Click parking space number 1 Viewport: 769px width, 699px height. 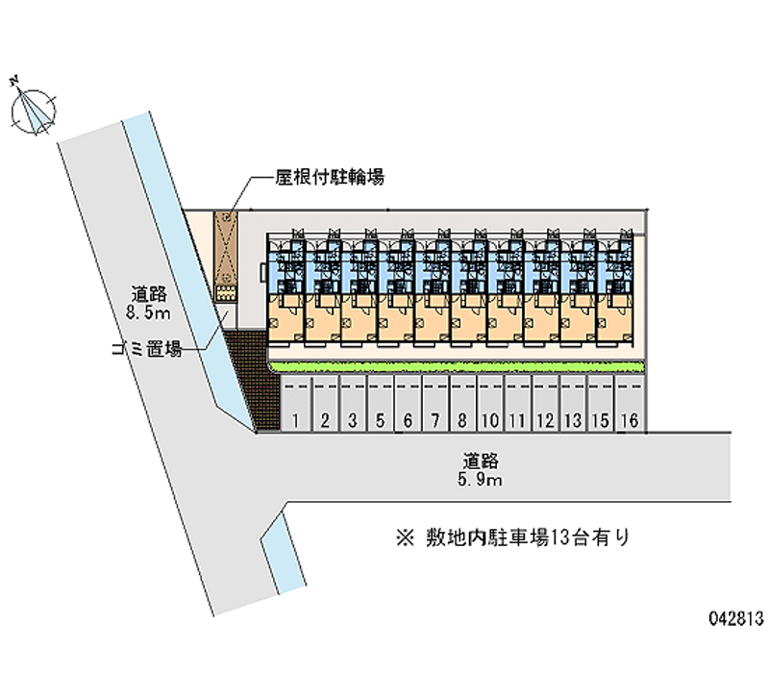point(298,420)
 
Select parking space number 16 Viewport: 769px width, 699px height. point(630,420)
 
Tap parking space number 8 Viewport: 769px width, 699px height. point(462,420)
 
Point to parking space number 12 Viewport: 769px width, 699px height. point(546,420)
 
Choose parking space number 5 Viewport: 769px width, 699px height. point(381,420)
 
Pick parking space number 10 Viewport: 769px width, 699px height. point(490,420)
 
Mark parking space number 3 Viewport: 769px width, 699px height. point(353,420)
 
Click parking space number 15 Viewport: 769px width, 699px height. point(602,420)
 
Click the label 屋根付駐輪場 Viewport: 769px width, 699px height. point(316,177)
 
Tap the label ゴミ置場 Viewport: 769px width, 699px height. point(145,349)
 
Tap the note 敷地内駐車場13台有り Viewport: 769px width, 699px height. point(517,537)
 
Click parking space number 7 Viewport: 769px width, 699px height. point(435,420)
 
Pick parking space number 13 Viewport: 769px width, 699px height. point(574,420)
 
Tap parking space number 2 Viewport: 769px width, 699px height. point(325,420)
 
